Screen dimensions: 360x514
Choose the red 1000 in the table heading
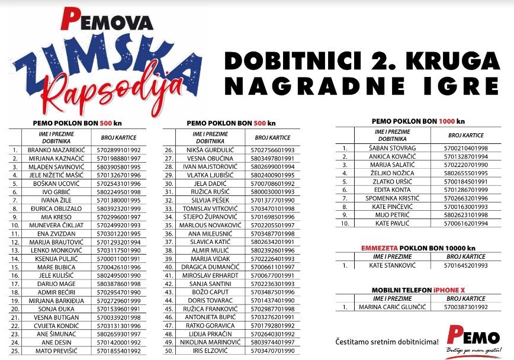(x=446, y=121)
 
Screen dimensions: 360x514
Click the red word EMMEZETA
(x=376, y=248)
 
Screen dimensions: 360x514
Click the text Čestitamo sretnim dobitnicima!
(x=378, y=342)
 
